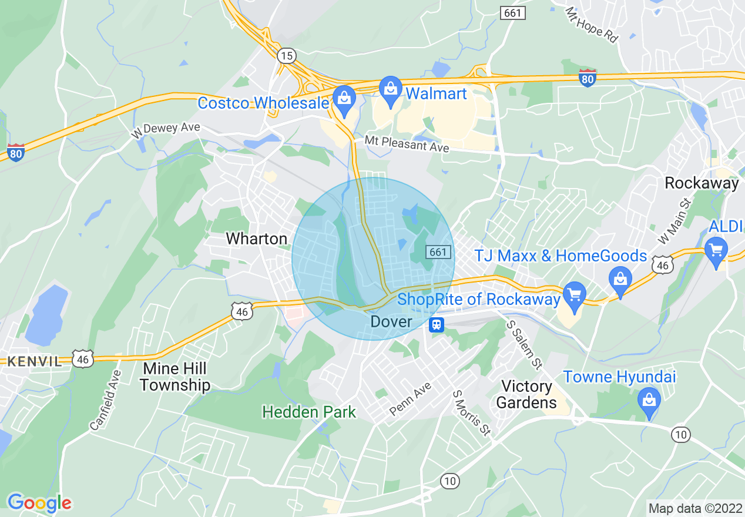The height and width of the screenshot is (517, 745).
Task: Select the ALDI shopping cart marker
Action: (x=716, y=252)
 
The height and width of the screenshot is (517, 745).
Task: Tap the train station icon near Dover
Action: (x=437, y=324)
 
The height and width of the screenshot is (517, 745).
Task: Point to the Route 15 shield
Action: (x=286, y=56)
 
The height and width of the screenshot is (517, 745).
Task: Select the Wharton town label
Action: (x=257, y=239)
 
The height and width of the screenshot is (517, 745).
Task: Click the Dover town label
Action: (x=391, y=322)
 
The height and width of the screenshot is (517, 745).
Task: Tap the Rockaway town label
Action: (x=702, y=183)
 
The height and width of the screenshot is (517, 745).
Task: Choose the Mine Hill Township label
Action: (x=175, y=377)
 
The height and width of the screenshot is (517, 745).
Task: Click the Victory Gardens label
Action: (x=526, y=394)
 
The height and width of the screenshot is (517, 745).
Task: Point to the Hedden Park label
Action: (x=309, y=412)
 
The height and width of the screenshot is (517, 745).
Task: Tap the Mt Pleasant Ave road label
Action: (x=407, y=143)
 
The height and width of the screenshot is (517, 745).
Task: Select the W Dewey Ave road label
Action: (x=165, y=129)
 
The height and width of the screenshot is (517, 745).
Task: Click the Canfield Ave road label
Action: (x=106, y=401)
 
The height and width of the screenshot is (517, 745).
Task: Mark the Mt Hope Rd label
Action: (x=591, y=25)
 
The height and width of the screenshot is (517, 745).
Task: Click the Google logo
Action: (x=39, y=503)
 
